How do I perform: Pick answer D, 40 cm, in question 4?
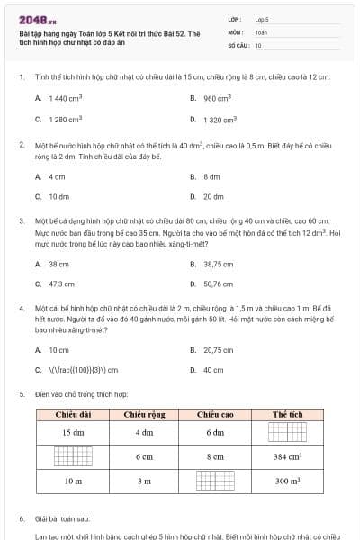(213, 369)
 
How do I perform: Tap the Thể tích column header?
(287, 414)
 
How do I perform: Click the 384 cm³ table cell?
(287, 457)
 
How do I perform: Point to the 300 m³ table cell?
(287, 481)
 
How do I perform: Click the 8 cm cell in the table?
(215, 457)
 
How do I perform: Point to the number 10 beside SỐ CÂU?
(258, 45)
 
